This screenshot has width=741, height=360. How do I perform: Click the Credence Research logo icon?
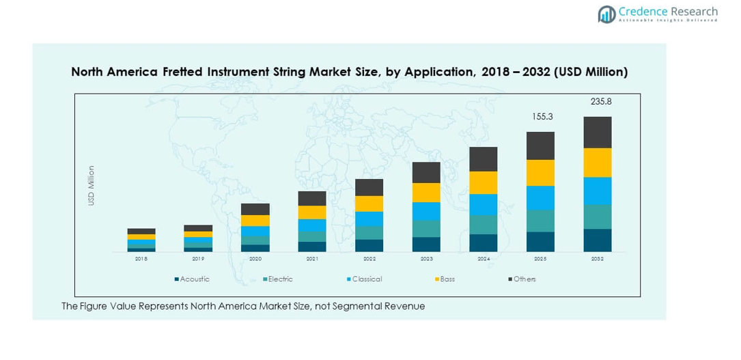[x=606, y=14]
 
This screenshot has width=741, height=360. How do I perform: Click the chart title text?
[x=349, y=72]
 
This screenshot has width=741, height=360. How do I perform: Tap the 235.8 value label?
[x=601, y=101]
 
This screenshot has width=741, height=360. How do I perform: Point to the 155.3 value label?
[x=542, y=117]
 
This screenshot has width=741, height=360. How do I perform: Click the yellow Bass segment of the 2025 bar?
[x=540, y=173]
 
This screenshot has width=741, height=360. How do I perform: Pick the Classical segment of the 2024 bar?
[x=483, y=205]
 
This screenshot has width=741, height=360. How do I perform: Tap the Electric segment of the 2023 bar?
[x=426, y=229]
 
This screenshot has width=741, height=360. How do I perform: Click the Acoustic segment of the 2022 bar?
[x=369, y=245]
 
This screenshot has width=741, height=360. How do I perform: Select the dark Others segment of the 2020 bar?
[x=255, y=209]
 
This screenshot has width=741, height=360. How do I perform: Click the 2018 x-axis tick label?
[x=141, y=260]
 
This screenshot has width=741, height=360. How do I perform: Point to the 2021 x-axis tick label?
[x=312, y=260]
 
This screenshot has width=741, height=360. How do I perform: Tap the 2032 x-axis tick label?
[x=598, y=260]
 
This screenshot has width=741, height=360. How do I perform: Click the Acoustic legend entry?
[x=194, y=279]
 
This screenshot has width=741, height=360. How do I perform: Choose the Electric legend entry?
[x=279, y=279]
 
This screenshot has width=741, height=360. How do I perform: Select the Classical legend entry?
[x=366, y=279]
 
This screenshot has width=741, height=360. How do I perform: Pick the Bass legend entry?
[x=447, y=279]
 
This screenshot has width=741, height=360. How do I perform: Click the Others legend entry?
[x=524, y=279]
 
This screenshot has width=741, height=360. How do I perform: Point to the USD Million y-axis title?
[x=91, y=185]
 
